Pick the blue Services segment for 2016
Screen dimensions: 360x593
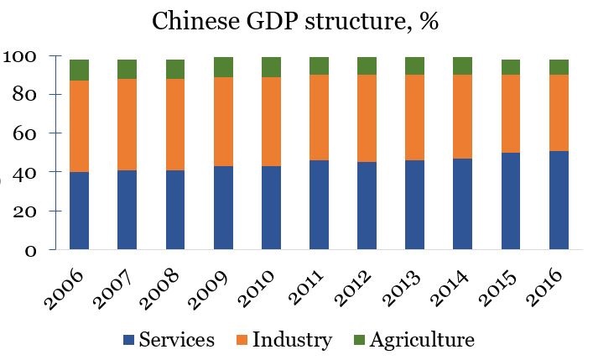559,201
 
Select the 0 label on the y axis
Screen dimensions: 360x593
29,250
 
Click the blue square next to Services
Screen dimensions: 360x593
128,341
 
